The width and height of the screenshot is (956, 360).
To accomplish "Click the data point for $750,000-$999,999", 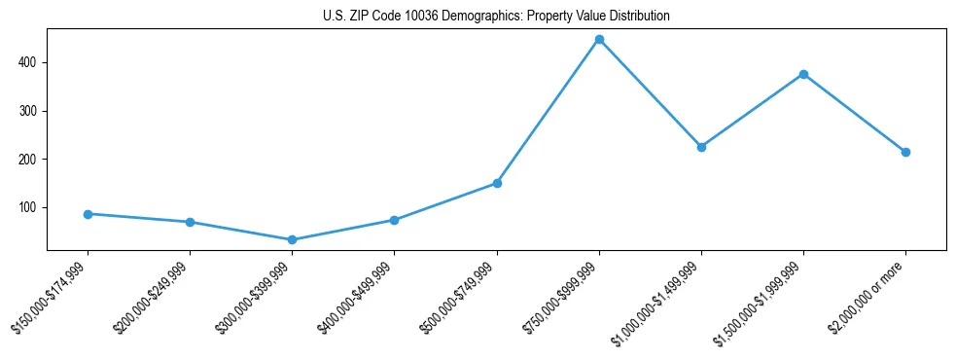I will click(x=599, y=40).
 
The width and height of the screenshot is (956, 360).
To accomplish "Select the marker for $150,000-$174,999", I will click(x=88, y=214).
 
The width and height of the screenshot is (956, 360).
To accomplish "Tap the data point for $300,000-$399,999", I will click(x=292, y=239).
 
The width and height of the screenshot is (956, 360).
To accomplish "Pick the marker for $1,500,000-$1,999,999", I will click(x=803, y=74).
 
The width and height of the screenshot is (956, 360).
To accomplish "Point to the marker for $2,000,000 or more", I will click(x=905, y=152).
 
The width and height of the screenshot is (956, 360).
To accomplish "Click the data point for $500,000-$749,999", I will click(x=497, y=183).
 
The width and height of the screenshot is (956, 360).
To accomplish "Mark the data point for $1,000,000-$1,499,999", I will click(x=701, y=147).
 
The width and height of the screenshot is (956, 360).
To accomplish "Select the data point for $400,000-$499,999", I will click(x=394, y=220).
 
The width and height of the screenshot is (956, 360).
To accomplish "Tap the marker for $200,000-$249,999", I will click(x=190, y=222).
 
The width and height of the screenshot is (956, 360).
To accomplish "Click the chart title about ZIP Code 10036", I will click(x=496, y=17).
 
